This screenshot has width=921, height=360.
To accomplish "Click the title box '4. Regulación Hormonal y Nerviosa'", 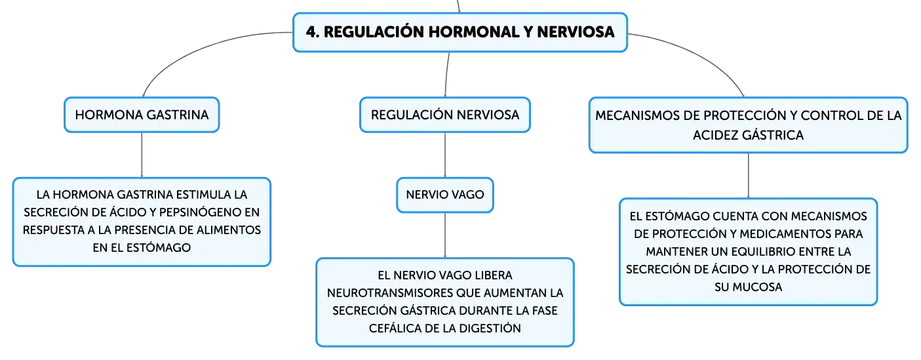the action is [460, 32].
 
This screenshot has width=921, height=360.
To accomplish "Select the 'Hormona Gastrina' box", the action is [142, 115].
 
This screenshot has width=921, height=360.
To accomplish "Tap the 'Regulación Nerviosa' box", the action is [445, 115].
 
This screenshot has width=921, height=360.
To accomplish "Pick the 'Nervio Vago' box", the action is [445, 195].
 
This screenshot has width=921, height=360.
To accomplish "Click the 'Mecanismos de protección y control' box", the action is [749, 125].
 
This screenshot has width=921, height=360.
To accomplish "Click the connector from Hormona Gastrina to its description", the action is [142, 155].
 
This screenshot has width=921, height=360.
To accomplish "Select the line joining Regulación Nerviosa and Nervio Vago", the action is [445, 155].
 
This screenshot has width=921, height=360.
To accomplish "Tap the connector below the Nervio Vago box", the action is [445, 235].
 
